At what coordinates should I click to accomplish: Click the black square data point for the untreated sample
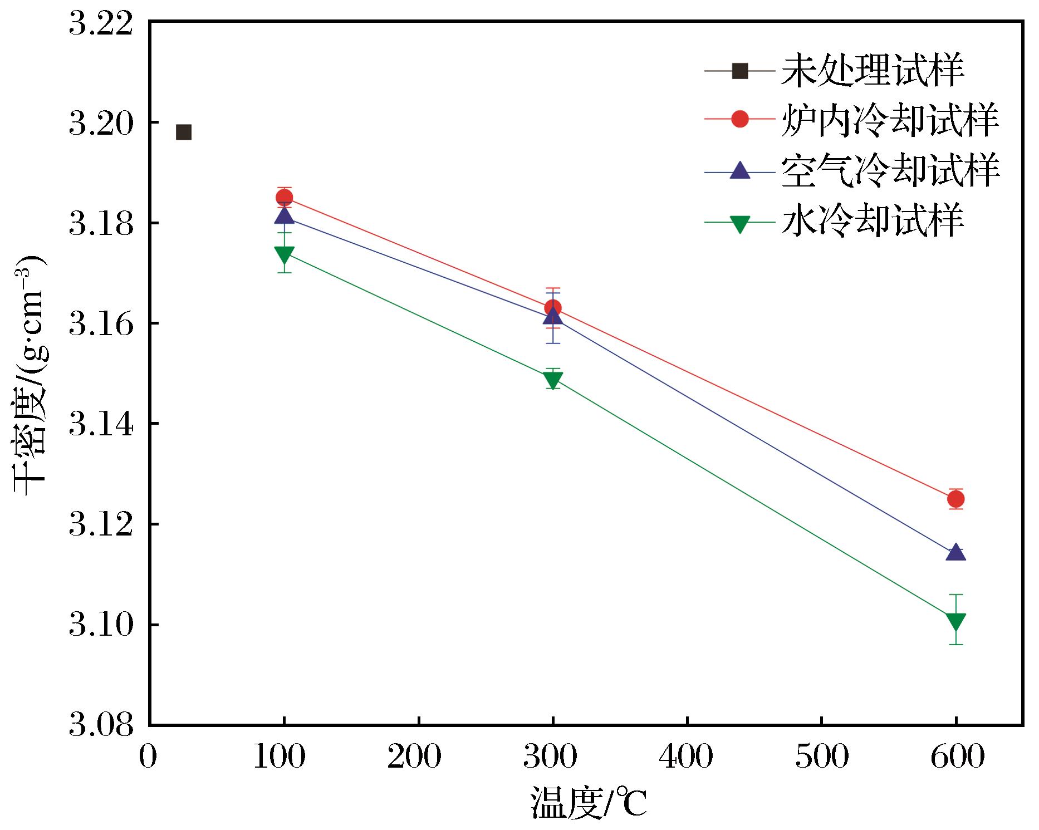(x=184, y=132)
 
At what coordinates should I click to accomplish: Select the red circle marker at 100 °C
(x=285, y=197)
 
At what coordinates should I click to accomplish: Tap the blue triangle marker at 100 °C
(x=285, y=215)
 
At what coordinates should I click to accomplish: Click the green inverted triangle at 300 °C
(x=553, y=380)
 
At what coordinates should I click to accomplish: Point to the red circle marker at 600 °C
(x=955, y=499)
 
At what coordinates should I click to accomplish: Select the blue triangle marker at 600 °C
(x=955, y=552)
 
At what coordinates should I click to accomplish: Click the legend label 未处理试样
(x=872, y=71)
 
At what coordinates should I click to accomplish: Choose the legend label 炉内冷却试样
(x=890, y=119)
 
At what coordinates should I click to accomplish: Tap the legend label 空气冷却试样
(x=890, y=170)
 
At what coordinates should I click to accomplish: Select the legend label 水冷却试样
(x=872, y=221)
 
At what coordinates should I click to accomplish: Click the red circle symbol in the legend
(x=740, y=119)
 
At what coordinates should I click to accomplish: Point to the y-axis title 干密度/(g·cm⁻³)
(x=29, y=375)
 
